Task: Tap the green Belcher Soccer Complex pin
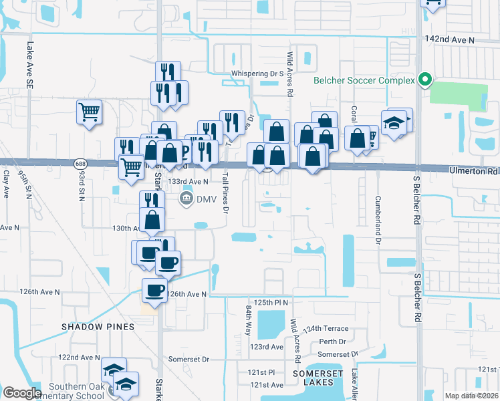pyautogui.click(x=424, y=80)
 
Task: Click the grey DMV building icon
pyautogui.click(x=186, y=198)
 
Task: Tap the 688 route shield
pyautogui.click(x=81, y=163)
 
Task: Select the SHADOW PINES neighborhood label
pyautogui.click(x=98, y=327)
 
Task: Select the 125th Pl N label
pyautogui.click(x=269, y=303)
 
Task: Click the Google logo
pyautogui.click(x=22, y=393)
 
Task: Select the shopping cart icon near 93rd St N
pyautogui.click(x=90, y=112)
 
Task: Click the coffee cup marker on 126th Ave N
pyautogui.click(x=155, y=289)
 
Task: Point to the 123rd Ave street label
pyautogui.click(x=267, y=347)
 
